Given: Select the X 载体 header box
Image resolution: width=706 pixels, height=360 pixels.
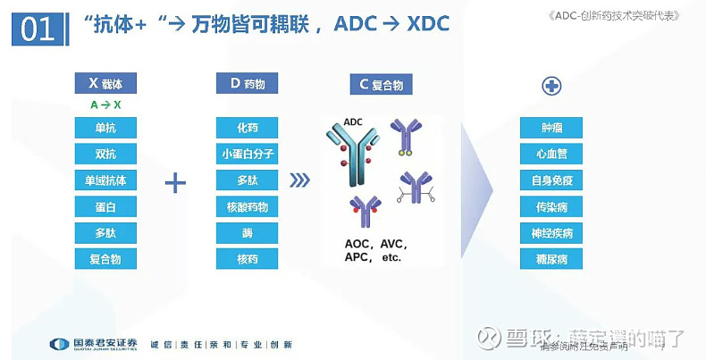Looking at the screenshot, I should pyautogui.click(x=105, y=83).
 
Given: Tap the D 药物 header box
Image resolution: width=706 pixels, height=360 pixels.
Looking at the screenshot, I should pyautogui.click(x=247, y=83).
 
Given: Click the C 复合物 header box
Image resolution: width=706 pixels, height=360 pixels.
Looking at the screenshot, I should pyautogui.click(x=381, y=85).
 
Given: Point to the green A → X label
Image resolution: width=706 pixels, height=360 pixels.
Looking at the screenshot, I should pyautogui.click(x=105, y=105).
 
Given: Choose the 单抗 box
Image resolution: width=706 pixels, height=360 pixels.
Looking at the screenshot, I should pyautogui.click(x=105, y=128).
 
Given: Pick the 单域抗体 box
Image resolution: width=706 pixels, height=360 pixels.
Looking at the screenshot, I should pyautogui.click(x=105, y=180).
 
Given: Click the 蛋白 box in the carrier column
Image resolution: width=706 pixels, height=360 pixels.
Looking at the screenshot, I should pyautogui.click(x=105, y=207).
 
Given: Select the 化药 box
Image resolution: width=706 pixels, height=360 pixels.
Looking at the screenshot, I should pyautogui.click(x=247, y=128).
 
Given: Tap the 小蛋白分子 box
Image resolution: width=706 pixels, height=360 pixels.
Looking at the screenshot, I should pyautogui.click(x=247, y=154).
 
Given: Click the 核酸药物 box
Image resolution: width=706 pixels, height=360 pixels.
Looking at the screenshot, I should pyautogui.click(x=247, y=207).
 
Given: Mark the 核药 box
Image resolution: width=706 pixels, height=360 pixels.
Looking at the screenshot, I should pyautogui.click(x=247, y=260).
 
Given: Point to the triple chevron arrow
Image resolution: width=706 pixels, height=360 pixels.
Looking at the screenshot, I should pyautogui.click(x=300, y=180).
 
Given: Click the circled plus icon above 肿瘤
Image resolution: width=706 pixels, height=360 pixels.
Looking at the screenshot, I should pyautogui.click(x=551, y=86).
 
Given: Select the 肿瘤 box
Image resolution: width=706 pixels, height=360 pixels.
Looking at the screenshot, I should pyautogui.click(x=551, y=128).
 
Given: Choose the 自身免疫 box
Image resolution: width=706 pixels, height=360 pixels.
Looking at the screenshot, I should pyautogui.click(x=551, y=180).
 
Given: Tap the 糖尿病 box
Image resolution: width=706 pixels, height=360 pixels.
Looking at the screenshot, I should pyautogui.click(x=551, y=260).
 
